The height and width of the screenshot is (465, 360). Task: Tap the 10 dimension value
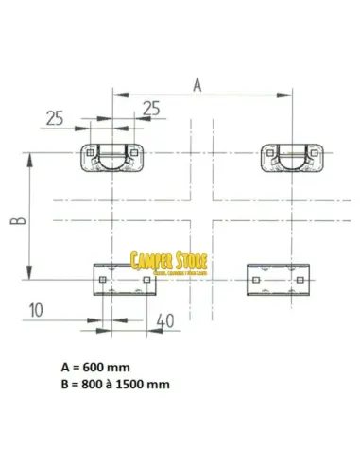(x=35, y=308)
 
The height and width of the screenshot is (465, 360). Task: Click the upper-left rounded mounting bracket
(x=113, y=155)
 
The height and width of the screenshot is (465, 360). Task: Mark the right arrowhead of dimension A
(x=286, y=93)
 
